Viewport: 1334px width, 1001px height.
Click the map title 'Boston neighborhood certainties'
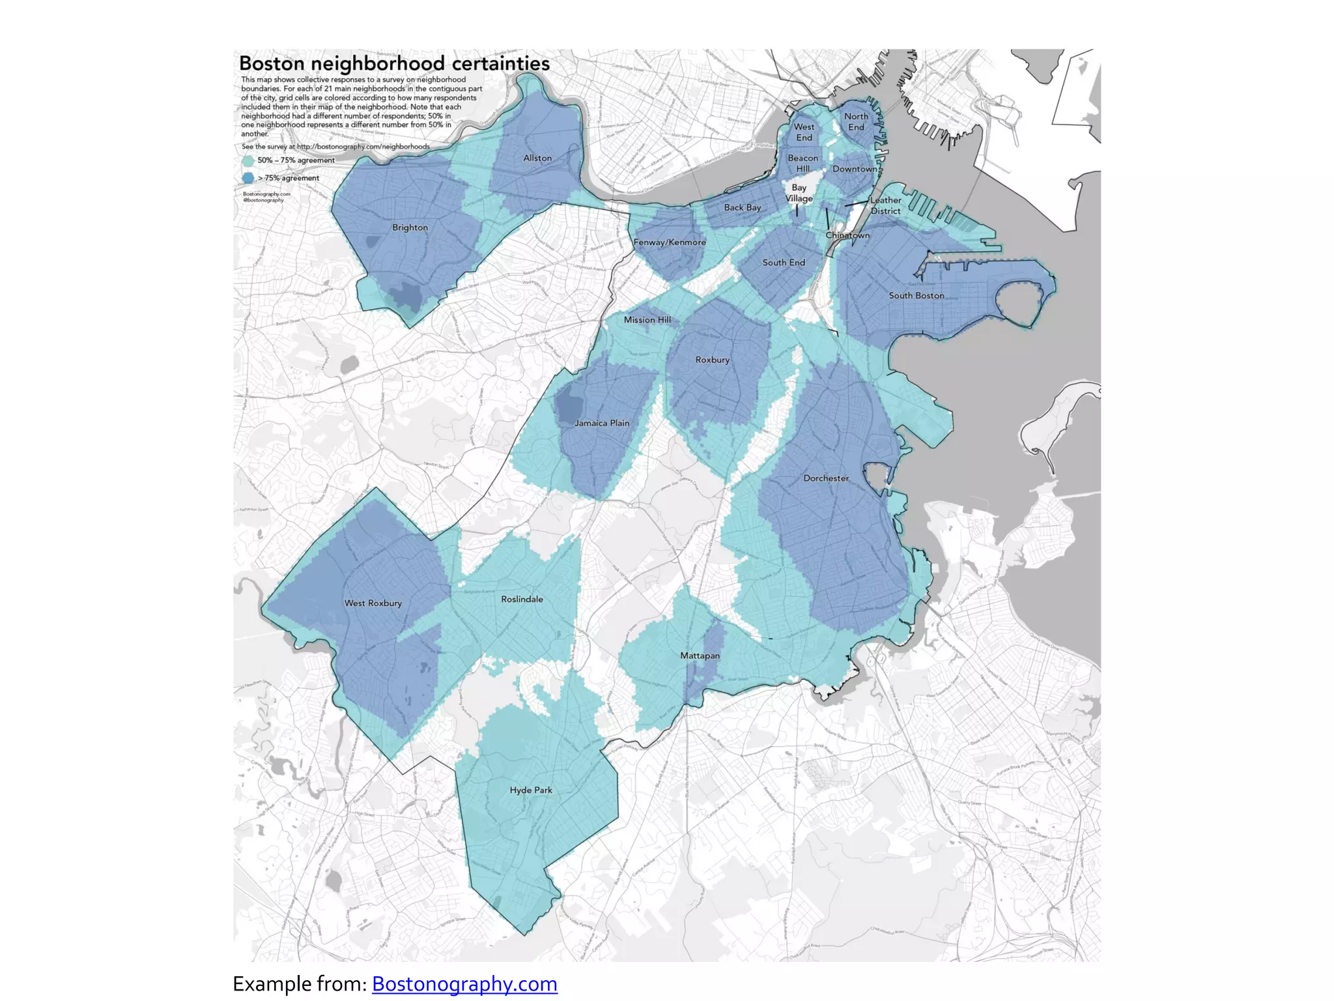tap(394, 64)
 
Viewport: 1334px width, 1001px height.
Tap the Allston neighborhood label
tap(537, 158)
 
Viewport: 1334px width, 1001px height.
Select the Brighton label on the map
tap(410, 227)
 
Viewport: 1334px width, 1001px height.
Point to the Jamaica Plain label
tap(602, 423)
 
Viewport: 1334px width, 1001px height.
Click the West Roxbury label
tap(373, 603)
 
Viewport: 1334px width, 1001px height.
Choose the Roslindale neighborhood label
tap(522, 599)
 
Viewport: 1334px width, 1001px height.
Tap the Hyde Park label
tap(531, 790)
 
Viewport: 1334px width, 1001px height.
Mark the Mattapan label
tap(700, 656)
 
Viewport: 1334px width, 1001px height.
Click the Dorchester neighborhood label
tap(826, 478)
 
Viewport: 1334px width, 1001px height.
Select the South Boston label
tap(916, 295)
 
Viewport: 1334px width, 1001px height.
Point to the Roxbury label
tap(712, 360)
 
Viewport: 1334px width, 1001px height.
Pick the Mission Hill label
tap(647, 320)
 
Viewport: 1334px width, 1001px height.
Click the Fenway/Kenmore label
tap(670, 242)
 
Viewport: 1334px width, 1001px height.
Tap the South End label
tap(784, 263)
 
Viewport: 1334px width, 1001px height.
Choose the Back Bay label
tap(743, 207)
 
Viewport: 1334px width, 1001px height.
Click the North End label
tap(856, 122)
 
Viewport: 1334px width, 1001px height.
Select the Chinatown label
tap(847, 235)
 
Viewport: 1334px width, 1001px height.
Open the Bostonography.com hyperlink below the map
tap(464, 983)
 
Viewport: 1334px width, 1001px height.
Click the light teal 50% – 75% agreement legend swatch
tap(248, 160)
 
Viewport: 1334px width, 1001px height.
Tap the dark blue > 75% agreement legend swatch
tap(248, 178)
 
